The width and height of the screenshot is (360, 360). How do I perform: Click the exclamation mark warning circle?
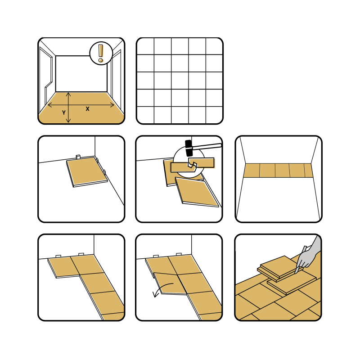click(101, 53)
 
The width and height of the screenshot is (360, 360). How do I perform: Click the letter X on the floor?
click(87, 109)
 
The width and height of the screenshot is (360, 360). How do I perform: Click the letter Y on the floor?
click(64, 113)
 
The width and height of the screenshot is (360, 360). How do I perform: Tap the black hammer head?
click(189, 148)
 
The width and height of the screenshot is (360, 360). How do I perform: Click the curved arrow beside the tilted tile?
click(162, 289)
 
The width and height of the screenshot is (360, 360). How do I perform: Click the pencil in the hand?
click(300, 260)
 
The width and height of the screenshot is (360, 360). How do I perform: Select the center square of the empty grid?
click(180, 81)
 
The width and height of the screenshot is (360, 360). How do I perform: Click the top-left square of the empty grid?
click(145, 46)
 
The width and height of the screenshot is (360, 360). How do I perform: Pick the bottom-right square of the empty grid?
click(214, 115)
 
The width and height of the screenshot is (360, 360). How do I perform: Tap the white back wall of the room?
click(81, 74)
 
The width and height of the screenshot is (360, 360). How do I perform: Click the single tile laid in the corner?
click(87, 171)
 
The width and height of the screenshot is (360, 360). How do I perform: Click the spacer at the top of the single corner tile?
click(78, 157)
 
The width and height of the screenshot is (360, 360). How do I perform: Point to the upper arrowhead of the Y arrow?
click(68, 94)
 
